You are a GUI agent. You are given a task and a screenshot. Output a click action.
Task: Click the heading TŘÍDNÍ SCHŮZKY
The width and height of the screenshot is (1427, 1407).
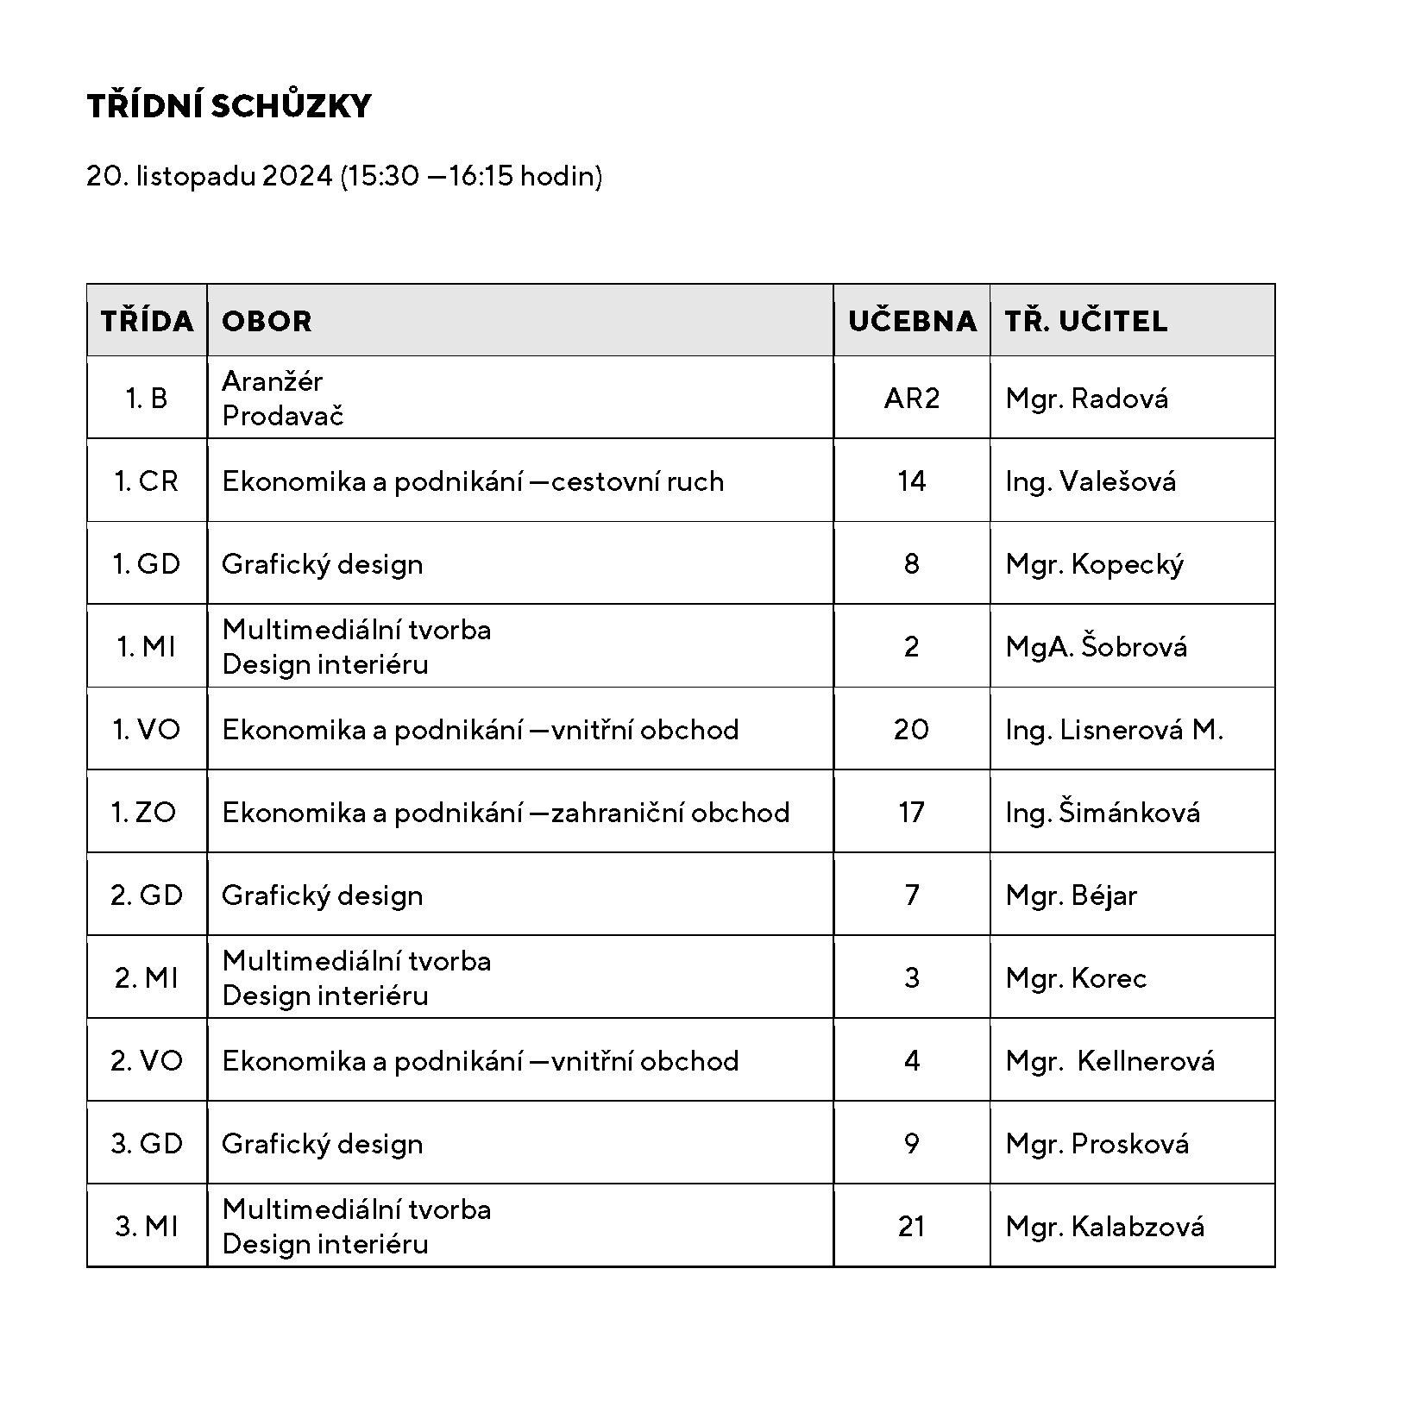(x=229, y=105)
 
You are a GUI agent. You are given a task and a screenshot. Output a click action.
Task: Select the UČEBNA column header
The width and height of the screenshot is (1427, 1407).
(x=911, y=321)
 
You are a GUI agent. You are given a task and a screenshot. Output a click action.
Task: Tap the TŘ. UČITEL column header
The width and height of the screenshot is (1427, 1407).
(x=1085, y=321)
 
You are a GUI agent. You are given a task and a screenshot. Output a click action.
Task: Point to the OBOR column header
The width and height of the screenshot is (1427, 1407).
(x=267, y=321)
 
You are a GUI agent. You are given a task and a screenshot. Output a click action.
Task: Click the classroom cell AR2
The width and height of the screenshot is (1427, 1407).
(x=911, y=399)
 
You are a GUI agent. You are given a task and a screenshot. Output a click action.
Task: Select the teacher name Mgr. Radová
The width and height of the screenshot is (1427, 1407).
(x=1086, y=399)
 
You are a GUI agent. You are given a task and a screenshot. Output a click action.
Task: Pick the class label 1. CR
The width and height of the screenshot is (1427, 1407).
(x=146, y=481)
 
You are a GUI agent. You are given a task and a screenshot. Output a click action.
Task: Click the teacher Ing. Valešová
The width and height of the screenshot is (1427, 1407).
(x=1090, y=481)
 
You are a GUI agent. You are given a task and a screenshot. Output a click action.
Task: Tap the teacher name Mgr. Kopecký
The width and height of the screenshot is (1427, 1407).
(x=1094, y=564)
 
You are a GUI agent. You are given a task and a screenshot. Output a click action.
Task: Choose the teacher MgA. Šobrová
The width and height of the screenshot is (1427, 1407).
(x=1096, y=647)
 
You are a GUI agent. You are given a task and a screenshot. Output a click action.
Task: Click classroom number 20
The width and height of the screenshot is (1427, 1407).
(x=911, y=730)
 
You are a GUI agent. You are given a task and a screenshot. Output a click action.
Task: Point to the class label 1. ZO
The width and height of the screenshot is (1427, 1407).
(x=144, y=813)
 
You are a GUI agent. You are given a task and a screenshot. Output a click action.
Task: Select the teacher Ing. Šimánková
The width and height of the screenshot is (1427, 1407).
(x=1102, y=813)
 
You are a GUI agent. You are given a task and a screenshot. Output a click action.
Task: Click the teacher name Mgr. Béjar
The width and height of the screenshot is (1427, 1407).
(x=1071, y=895)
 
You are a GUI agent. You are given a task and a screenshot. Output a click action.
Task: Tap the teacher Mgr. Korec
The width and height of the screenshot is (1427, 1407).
(x=1076, y=978)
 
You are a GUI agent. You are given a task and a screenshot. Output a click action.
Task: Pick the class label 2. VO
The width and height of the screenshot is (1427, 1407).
(x=146, y=1061)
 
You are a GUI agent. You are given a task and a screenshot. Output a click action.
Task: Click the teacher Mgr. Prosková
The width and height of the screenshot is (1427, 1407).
(x=1097, y=1144)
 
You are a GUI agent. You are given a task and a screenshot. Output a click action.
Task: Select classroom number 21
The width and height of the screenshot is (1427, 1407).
(x=911, y=1227)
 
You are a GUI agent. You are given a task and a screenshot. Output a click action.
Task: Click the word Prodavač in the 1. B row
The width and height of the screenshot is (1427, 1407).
(x=282, y=416)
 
